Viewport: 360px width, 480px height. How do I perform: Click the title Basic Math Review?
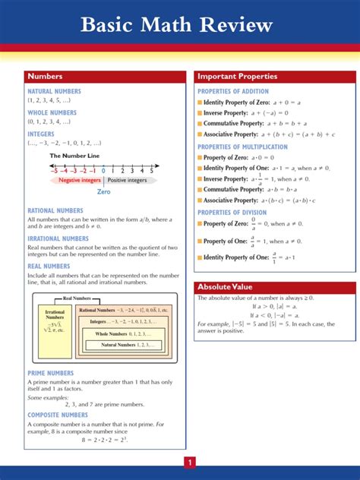click(x=177, y=26)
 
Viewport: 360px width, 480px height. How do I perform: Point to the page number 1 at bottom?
click(x=190, y=462)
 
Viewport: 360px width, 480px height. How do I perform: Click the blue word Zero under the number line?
click(x=103, y=192)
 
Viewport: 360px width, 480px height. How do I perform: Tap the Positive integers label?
click(x=127, y=181)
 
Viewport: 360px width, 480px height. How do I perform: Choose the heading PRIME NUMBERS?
click(x=51, y=373)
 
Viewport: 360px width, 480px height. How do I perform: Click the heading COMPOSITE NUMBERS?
click(x=58, y=415)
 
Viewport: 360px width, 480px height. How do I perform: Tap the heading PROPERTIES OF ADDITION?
click(x=233, y=91)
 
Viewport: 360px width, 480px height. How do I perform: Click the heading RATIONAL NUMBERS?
click(x=55, y=210)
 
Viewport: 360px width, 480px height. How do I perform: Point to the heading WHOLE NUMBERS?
click(x=52, y=112)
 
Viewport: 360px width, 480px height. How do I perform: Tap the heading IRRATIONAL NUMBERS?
click(x=58, y=238)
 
